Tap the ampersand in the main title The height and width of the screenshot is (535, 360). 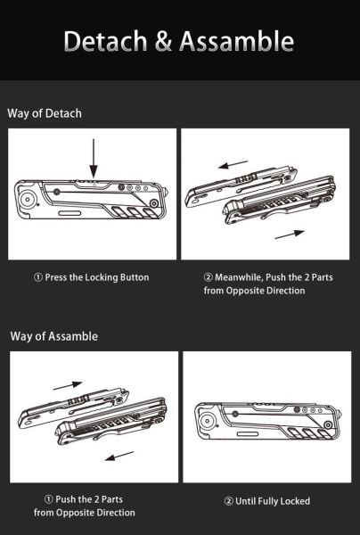tap(168, 41)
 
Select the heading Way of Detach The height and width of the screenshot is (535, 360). tap(45, 113)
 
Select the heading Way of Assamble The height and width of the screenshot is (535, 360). tap(53, 336)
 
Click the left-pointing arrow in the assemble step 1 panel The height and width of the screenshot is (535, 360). tap(119, 457)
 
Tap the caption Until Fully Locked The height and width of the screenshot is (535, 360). tap(273, 501)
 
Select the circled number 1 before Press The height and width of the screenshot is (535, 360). tap(38, 277)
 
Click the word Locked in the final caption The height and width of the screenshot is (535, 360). tap(294, 501)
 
